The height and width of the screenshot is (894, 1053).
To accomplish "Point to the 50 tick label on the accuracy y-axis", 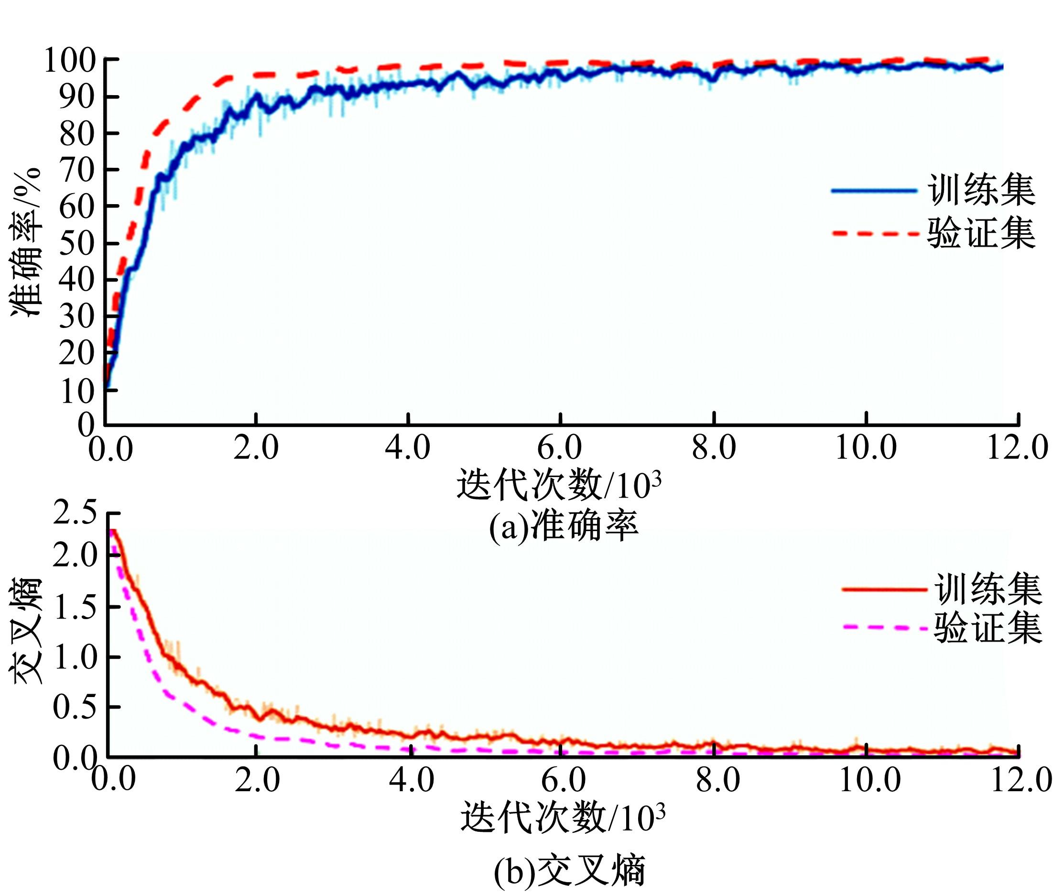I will coord(77,243).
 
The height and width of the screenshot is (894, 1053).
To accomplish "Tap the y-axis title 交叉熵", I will coord(25,632).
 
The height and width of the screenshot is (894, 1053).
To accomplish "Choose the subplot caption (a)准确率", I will coord(563,527).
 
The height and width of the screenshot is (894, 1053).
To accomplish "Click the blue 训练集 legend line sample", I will coord(874,191).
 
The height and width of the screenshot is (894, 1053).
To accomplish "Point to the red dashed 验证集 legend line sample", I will coord(875,234).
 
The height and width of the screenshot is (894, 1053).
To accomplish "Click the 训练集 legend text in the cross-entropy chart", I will coord(988,589).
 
